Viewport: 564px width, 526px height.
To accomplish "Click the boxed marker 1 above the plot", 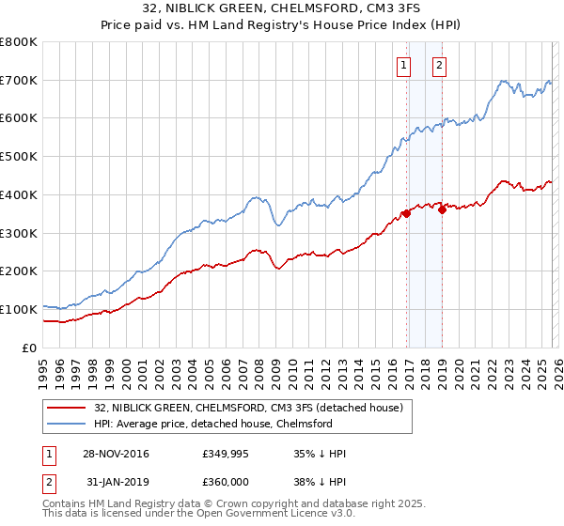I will click(x=404, y=65).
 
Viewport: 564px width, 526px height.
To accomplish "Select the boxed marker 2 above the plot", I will click(x=439, y=65).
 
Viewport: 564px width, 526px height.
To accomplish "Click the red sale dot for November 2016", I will click(x=406, y=213).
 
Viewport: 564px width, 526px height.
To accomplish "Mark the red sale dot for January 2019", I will click(x=442, y=209).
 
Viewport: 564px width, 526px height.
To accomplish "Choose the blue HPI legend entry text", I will click(x=213, y=424).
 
